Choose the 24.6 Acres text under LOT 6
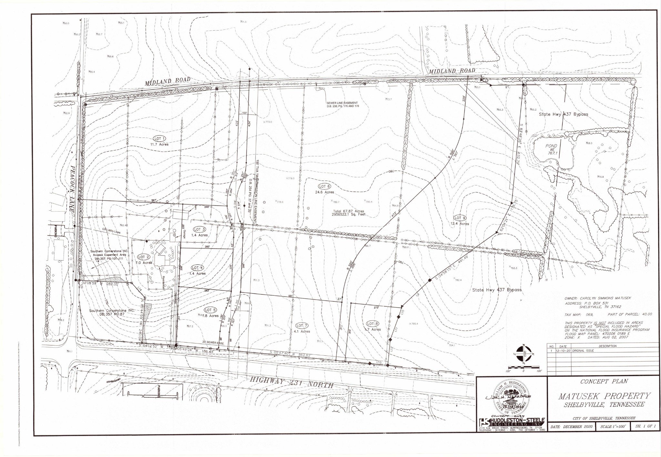(325, 192)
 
